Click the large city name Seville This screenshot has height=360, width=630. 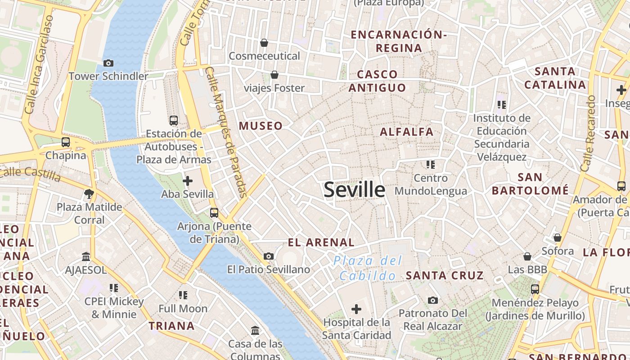pyautogui.click(x=354, y=190)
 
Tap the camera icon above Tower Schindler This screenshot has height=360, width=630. pyautogui.click(x=108, y=63)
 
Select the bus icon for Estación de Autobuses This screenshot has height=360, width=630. pyautogui.click(x=174, y=121)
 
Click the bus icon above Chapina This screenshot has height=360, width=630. pyautogui.click(x=66, y=142)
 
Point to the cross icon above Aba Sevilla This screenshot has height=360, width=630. pyautogui.click(x=188, y=181)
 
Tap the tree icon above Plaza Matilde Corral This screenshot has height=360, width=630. pyautogui.click(x=89, y=194)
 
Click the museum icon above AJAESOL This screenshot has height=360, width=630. pyautogui.click(x=86, y=256)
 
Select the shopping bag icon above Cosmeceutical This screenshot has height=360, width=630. pyautogui.click(x=264, y=43)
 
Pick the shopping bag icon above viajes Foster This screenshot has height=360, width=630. pyautogui.click(x=274, y=75)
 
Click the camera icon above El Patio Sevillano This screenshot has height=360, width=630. pyautogui.click(x=269, y=256)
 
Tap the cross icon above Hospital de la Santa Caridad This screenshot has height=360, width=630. pyautogui.click(x=356, y=309)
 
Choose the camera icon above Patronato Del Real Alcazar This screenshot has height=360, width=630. pyautogui.click(x=432, y=300)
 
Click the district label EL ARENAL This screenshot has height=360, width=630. pyautogui.click(x=321, y=243)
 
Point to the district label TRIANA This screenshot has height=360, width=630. pyautogui.click(x=171, y=326)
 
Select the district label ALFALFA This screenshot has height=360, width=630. pyautogui.click(x=406, y=132)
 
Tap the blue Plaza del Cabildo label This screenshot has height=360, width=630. pyautogui.click(x=368, y=268)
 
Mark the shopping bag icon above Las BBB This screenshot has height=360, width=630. pyautogui.click(x=527, y=256)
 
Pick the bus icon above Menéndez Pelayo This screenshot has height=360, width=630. pyautogui.click(x=535, y=289)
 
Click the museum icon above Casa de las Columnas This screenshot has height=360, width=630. pyautogui.click(x=255, y=331)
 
